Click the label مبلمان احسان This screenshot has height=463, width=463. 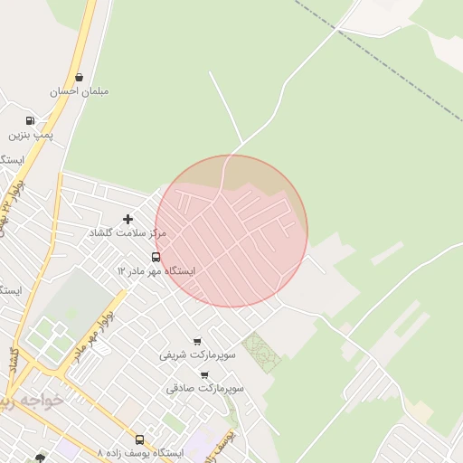point(80,92)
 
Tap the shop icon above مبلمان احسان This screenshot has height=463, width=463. point(80,78)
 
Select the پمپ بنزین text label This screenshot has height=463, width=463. point(32,135)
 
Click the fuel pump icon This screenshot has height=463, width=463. point(31,120)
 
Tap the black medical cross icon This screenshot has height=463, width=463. point(128,219)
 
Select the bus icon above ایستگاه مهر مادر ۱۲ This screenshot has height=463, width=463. point(156,257)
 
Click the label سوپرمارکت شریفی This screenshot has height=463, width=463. point(197,354)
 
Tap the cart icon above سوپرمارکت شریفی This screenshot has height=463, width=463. point(197,341)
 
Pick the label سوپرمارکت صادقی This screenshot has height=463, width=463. point(205,388)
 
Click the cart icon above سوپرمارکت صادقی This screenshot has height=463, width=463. point(205,374)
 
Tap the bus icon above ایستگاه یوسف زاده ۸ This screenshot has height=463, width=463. point(139,439)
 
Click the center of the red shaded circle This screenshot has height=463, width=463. point(231,231)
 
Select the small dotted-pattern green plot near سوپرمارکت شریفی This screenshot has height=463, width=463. point(261,352)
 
